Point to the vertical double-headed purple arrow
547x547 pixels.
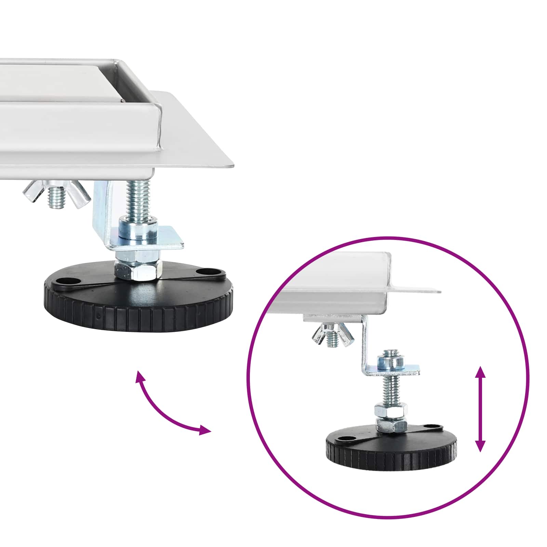480,409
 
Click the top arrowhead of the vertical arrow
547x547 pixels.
480,371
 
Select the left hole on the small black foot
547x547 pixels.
343,438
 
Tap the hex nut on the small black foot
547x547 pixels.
391,426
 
